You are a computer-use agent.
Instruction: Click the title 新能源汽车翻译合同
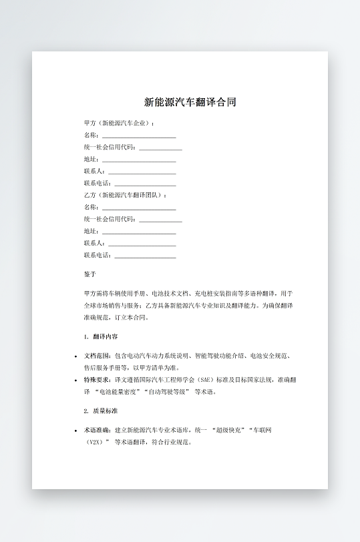(x=190, y=102)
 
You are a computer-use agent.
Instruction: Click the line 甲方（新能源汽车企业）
(x=120, y=123)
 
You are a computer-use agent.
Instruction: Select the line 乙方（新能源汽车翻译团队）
(x=126, y=195)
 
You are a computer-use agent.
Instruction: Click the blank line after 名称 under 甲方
(x=139, y=136)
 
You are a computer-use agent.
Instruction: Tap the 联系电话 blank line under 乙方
(x=146, y=256)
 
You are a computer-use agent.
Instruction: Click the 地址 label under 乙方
(x=91, y=231)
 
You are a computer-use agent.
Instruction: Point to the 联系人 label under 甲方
(x=94, y=172)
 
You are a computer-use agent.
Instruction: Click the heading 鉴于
(x=90, y=274)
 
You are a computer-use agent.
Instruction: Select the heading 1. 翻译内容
(x=101, y=337)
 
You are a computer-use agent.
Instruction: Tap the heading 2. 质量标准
(x=101, y=411)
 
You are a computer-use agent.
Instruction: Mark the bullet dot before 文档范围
(x=75, y=356)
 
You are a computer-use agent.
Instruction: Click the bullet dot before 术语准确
(x=75, y=431)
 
